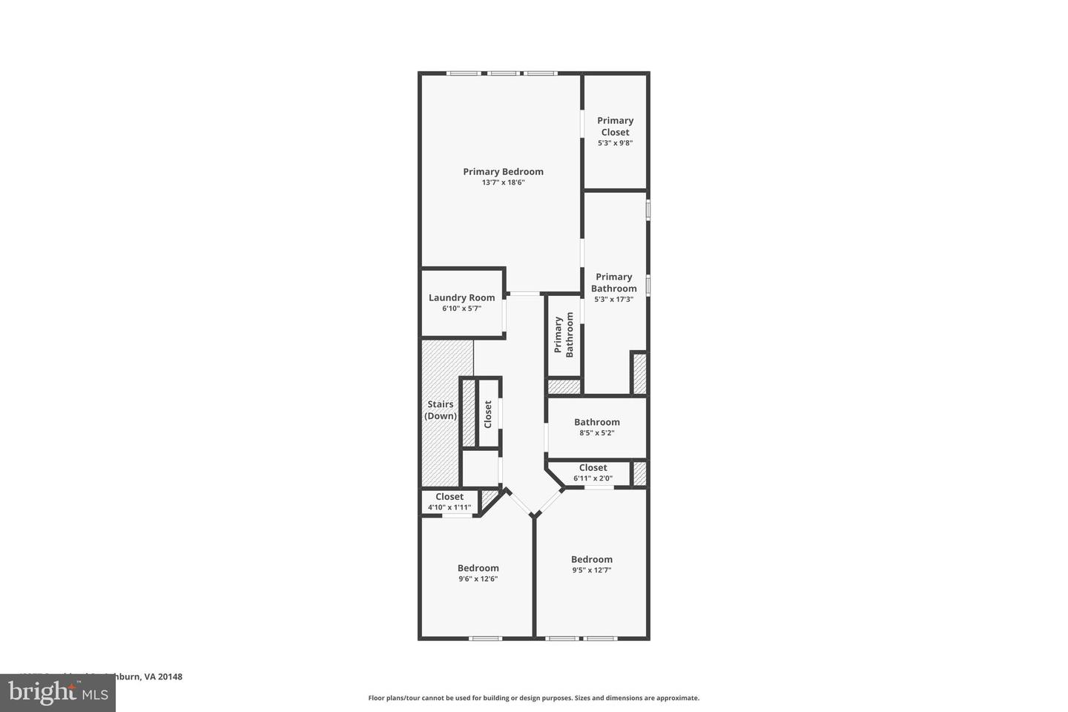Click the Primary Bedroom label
click(503, 171)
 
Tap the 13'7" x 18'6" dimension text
click(503, 182)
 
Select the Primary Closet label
click(615, 126)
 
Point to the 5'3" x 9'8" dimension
click(615, 143)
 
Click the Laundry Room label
click(461, 297)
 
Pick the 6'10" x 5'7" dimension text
click(461, 309)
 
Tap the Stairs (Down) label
click(441, 410)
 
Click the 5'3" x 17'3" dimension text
click(613, 300)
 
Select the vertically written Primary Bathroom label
click(564, 334)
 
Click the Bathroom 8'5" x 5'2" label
click(596, 422)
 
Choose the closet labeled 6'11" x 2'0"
click(593, 472)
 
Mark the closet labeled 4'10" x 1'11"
click(449, 502)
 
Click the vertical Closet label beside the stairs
click(488, 414)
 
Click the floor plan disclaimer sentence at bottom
click(533, 698)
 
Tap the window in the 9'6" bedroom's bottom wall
click(486, 638)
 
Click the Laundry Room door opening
click(506, 314)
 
